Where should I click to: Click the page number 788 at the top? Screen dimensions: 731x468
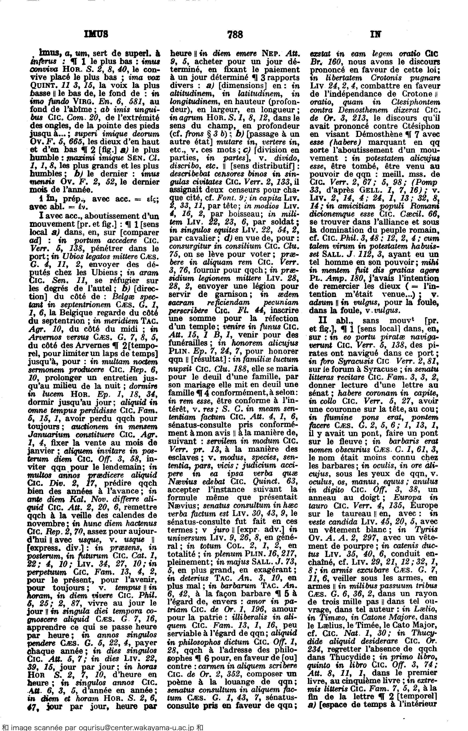point(235,35)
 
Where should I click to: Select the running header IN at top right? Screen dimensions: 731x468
point(376,34)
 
